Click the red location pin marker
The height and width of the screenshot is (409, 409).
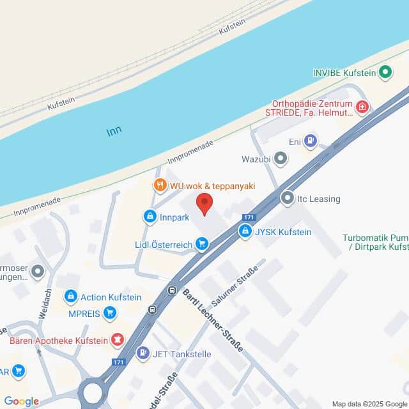coord(204,204)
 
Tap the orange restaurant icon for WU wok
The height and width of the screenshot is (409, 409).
coord(160,185)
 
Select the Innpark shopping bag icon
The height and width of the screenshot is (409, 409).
coord(150,217)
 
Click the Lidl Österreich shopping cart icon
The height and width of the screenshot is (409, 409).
coord(202,243)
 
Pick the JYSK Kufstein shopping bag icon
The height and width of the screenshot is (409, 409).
coord(245,231)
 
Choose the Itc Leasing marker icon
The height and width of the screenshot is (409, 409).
coord(287,199)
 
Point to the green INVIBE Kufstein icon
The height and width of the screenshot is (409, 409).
coord(385,73)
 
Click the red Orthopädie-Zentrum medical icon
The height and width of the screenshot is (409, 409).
coord(362,107)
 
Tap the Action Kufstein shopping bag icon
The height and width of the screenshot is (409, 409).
coord(71,297)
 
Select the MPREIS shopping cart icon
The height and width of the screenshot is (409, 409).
coord(110,313)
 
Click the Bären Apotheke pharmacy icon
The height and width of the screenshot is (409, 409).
coord(116,338)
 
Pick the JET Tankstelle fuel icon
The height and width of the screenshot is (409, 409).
coord(143,352)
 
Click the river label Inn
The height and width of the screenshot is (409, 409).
coord(114,131)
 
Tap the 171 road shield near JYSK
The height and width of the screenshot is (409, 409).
coord(249,217)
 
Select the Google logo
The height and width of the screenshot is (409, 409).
coord(21,401)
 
